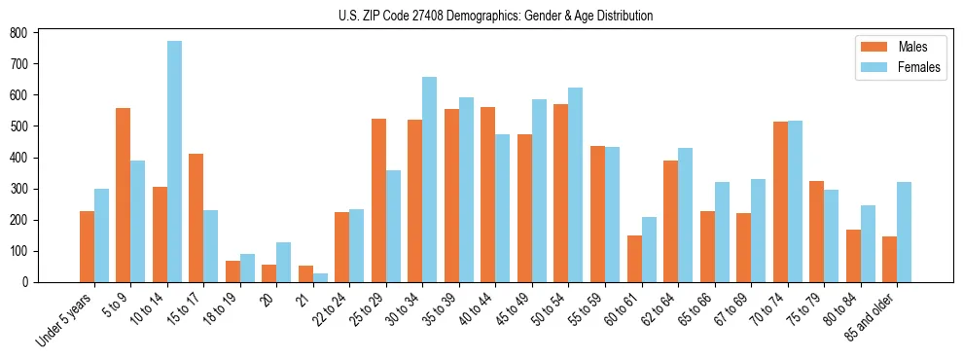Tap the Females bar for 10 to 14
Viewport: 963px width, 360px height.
174,162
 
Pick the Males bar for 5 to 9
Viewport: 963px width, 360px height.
123,195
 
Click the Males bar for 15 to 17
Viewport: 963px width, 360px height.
196,218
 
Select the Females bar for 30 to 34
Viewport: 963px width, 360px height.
430,179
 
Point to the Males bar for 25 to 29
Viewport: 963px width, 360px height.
378,200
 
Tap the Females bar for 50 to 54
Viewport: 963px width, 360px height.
576,185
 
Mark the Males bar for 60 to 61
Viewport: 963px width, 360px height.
634,259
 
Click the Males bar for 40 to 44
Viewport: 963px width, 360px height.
488,195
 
